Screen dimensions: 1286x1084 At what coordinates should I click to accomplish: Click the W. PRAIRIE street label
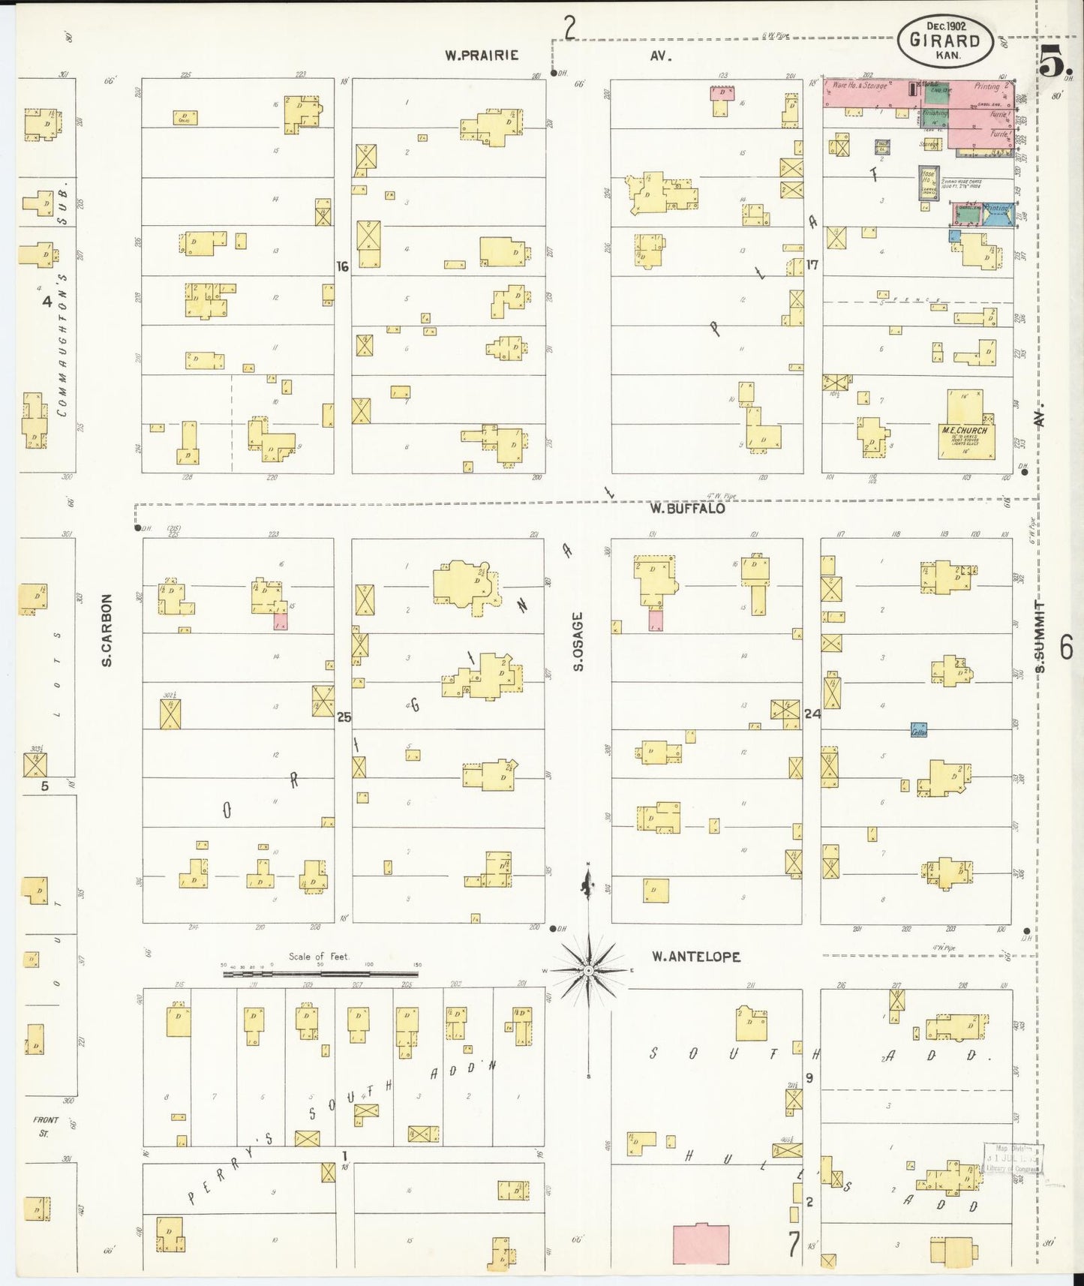pyautogui.click(x=480, y=55)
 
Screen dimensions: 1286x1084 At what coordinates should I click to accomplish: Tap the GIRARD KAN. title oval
pyautogui.click(x=944, y=41)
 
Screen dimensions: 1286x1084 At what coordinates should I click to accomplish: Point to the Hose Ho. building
pyautogui.click(x=929, y=182)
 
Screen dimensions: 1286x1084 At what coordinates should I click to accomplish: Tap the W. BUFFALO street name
pyautogui.click(x=687, y=509)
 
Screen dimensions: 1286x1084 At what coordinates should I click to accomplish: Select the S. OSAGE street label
pyautogui.click(x=578, y=641)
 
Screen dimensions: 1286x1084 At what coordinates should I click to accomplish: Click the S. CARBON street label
pyautogui.click(x=107, y=630)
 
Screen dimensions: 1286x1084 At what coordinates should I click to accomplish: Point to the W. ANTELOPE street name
pyautogui.click(x=695, y=957)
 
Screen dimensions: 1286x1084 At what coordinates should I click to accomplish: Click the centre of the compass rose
pyautogui.click(x=589, y=970)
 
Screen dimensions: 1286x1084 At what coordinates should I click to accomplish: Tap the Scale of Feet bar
pyautogui.click(x=320, y=974)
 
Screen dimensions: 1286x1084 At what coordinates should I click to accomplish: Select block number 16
pyautogui.click(x=343, y=266)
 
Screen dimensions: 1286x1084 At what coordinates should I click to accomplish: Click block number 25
pyautogui.click(x=344, y=717)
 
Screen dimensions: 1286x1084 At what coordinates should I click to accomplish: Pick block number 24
pyautogui.click(x=812, y=714)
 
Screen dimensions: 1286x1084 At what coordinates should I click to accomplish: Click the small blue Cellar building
pyautogui.click(x=919, y=729)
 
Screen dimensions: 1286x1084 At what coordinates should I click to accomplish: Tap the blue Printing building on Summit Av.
pyautogui.click(x=997, y=215)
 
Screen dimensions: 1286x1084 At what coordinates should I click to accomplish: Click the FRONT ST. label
pyautogui.click(x=45, y=1126)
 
